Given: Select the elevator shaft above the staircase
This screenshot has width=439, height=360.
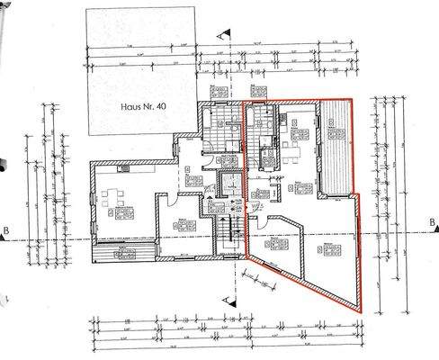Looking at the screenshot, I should pos(230,184).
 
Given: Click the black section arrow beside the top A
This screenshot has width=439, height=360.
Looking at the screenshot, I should pos(231,32).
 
